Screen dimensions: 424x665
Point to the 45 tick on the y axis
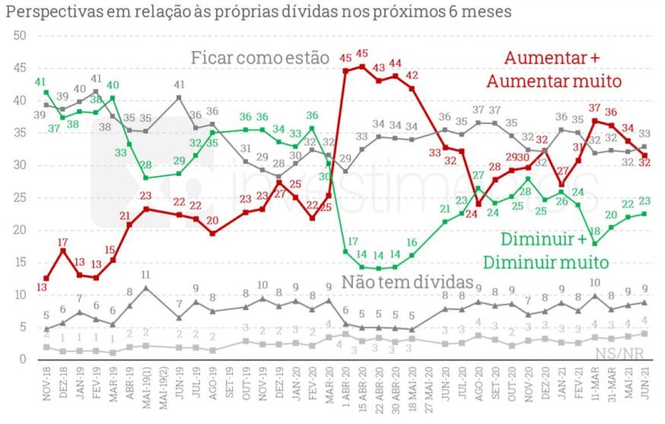(21, 69)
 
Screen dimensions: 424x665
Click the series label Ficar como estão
(259, 58)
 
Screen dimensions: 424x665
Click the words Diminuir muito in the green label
(546, 263)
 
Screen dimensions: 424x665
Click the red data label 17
(63, 243)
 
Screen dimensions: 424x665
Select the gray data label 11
(145, 275)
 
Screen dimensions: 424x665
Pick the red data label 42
(412, 75)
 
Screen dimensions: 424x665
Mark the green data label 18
(595, 231)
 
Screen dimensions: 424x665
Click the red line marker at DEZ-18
(63, 250)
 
